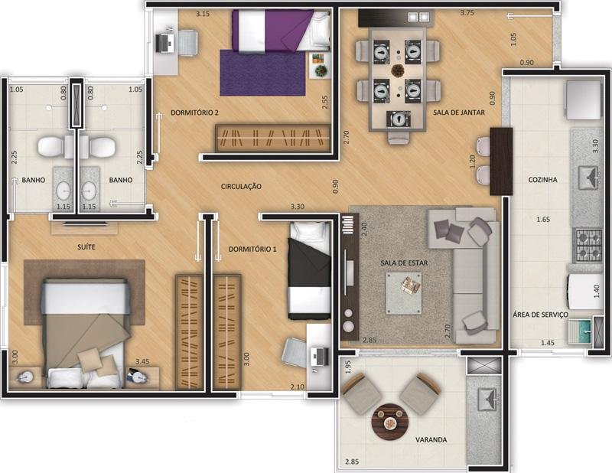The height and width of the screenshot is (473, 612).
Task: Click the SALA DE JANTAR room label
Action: [458, 113]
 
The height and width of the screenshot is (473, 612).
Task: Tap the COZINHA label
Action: [542, 180]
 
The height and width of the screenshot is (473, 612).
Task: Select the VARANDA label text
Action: [431, 439]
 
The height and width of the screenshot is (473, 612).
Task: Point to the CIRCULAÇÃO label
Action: [241, 186]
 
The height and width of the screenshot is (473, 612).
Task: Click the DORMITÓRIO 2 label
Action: [194, 113]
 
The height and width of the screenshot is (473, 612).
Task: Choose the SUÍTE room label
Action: [86, 247]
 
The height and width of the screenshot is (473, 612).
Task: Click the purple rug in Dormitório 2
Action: [262, 73]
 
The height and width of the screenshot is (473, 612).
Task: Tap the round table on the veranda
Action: [390, 422]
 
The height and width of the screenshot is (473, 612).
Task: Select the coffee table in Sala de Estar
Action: [404, 293]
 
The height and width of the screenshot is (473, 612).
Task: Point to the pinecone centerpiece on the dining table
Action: [398, 70]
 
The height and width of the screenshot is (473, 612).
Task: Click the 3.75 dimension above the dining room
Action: [467, 12]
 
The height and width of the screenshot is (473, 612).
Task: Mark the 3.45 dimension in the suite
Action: [142, 361]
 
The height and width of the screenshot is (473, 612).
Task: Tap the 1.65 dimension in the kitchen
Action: [543, 220]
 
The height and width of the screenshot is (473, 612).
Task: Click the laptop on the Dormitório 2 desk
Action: [164, 42]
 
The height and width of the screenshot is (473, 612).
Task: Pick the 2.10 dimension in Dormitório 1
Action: [297, 387]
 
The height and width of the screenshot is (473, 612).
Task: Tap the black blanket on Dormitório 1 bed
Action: [309, 263]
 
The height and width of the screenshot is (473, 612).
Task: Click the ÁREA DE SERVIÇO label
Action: [540, 314]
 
